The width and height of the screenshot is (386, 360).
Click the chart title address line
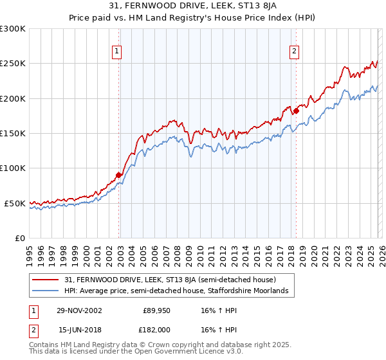[x=193, y=6]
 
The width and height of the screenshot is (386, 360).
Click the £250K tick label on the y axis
[x=13, y=64]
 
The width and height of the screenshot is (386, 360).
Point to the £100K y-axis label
[x=13, y=168]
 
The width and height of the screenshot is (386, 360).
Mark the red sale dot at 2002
[x=119, y=175]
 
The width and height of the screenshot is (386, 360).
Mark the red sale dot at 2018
[x=296, y=111]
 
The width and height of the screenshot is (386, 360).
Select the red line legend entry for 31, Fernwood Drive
[x=170, y=280]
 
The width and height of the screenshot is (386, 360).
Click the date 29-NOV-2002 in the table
[x=79, y=310]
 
